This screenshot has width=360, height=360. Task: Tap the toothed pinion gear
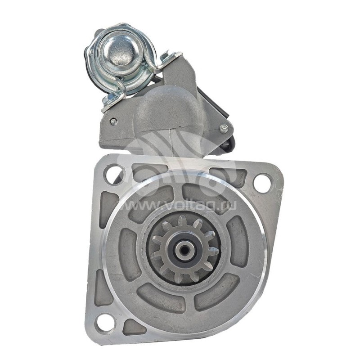point(184,249)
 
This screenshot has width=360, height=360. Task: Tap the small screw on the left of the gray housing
point(112,121)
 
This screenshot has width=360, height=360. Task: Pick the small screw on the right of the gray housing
point(223,128)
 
